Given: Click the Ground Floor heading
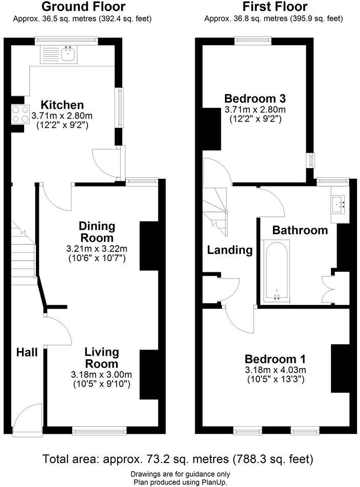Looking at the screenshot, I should [83, 7].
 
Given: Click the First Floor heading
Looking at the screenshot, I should [275, 7].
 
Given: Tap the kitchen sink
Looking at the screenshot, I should [68, 54].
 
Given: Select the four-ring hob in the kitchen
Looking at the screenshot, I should [19, 113].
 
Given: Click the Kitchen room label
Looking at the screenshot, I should [62, 105].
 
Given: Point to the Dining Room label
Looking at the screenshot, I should [97, 232].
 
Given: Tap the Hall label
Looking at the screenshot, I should [27, 352].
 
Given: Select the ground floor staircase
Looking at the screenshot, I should [23, 250].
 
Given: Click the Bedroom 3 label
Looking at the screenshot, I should [255, 98].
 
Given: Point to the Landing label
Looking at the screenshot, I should [230, 250].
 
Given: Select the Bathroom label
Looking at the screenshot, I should [300, 230].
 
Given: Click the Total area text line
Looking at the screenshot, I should [177, 458].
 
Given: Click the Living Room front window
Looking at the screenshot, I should [99, 431].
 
